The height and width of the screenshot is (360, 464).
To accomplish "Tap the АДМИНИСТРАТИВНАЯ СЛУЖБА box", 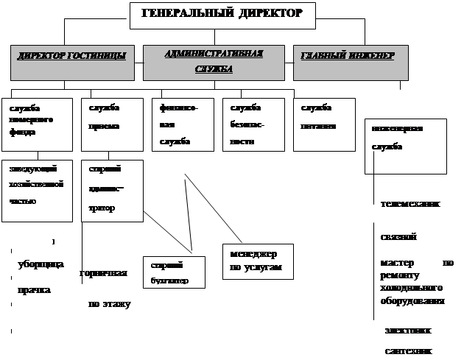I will point(214,63).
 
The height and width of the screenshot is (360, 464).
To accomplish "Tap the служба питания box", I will point(323,118).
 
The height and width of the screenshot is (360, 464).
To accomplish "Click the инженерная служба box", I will point(405,144).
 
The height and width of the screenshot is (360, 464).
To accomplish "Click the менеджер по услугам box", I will point(257,261).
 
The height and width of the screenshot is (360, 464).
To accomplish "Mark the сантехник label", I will point(409,350).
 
